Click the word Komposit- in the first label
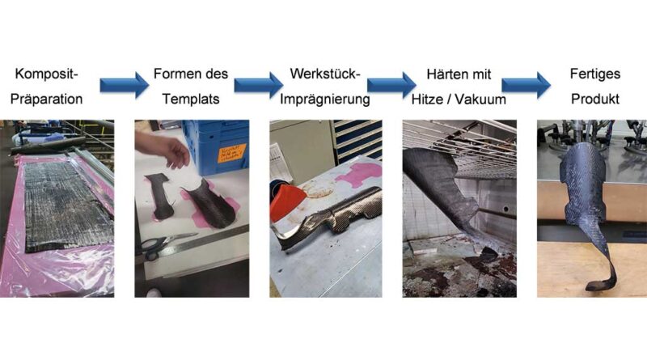[46, 74]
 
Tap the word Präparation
[46, 99]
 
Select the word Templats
[191, 99]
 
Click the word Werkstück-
[325, 74]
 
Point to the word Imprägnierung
[325, 100]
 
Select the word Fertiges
[595, 74]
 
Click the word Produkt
[595, 99]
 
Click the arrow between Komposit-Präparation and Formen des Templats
[125, 86]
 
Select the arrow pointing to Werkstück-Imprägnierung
[259, 86]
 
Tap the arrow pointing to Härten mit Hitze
[391, 86]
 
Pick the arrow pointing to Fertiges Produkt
[526, 86]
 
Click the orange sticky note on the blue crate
[232, 153]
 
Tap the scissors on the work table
[165, 245]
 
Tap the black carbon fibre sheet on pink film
[68, 206]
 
